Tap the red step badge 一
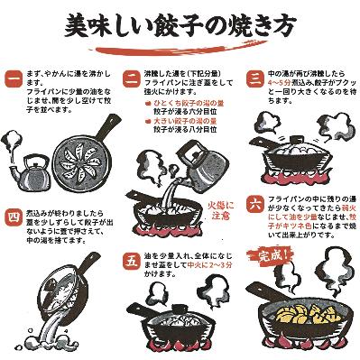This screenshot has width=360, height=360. coord(13,75)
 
